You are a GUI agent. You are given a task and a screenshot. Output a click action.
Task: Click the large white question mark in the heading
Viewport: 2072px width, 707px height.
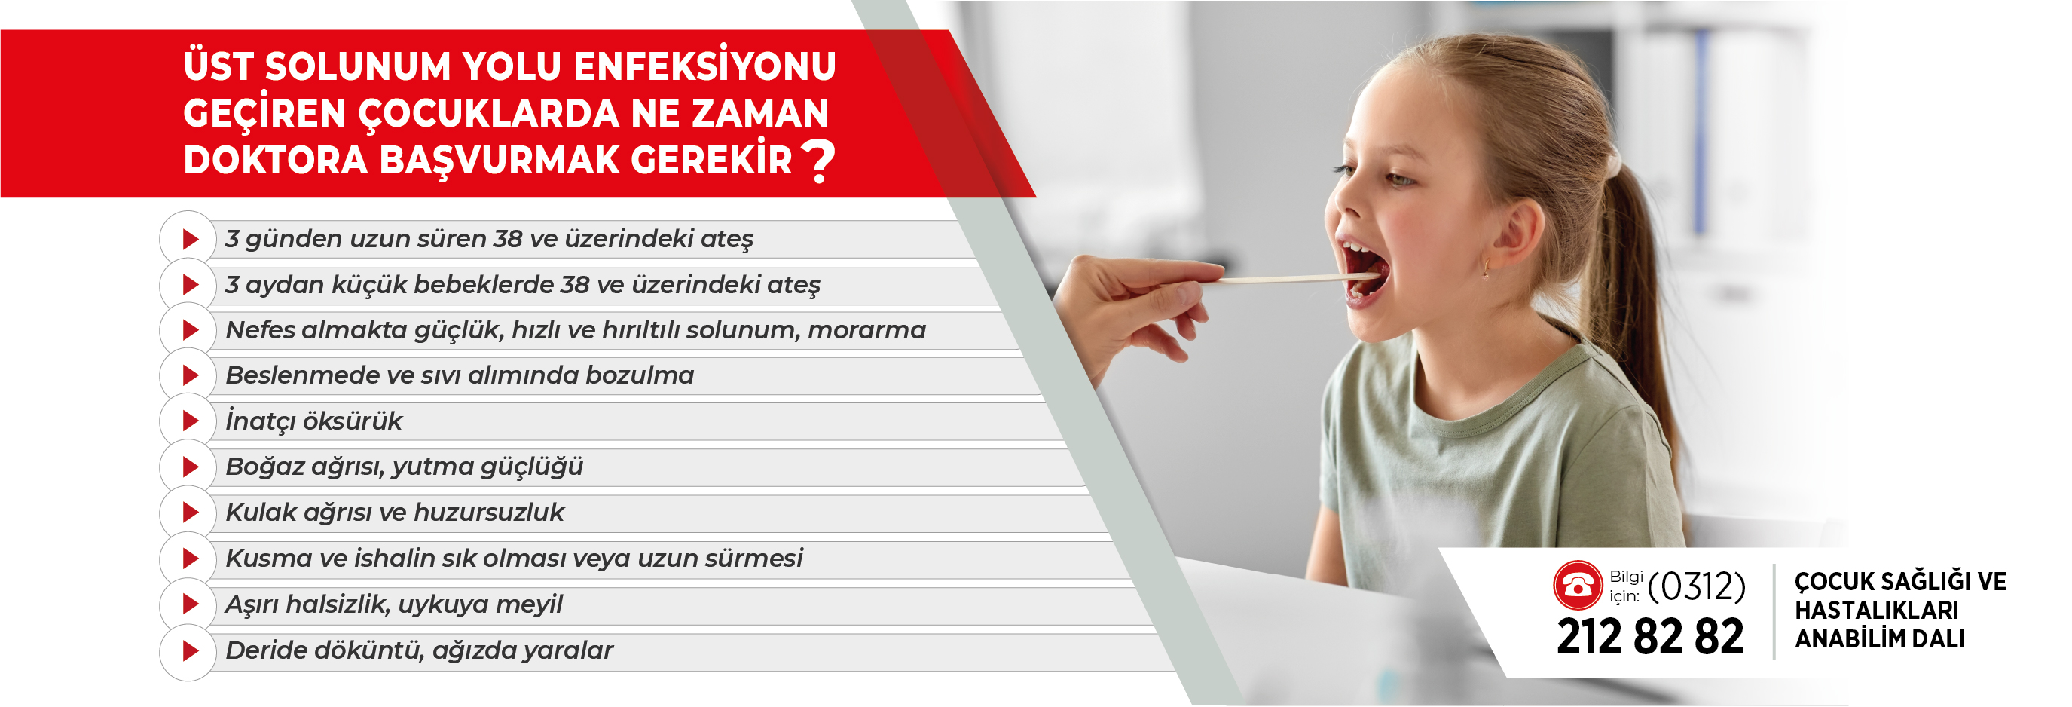pyautogui.click(x=819, y=161)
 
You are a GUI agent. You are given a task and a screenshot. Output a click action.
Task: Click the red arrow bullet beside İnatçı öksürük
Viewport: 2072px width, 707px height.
pyautogui.click(x=191, y=421)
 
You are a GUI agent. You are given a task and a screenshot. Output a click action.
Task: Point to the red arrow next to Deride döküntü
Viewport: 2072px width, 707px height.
pyautogui.click(x=191, y=650)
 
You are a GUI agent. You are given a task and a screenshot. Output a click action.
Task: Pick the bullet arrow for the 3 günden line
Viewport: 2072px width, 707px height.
pyautogui.click(x=191, y=239)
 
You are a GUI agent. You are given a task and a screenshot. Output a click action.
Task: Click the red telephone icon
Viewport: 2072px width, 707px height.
pyautogui.click(x=1577, y=585)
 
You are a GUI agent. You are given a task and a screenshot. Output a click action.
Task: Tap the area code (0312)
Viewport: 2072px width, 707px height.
pyautogui.click(x=1696, y=586)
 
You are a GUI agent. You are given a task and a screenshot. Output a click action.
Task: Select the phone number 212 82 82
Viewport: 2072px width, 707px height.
pyautogui.click(x=1650, y=637)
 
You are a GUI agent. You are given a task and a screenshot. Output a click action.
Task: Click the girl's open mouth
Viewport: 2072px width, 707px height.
pyautogui.click(x=1365, y=269)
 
